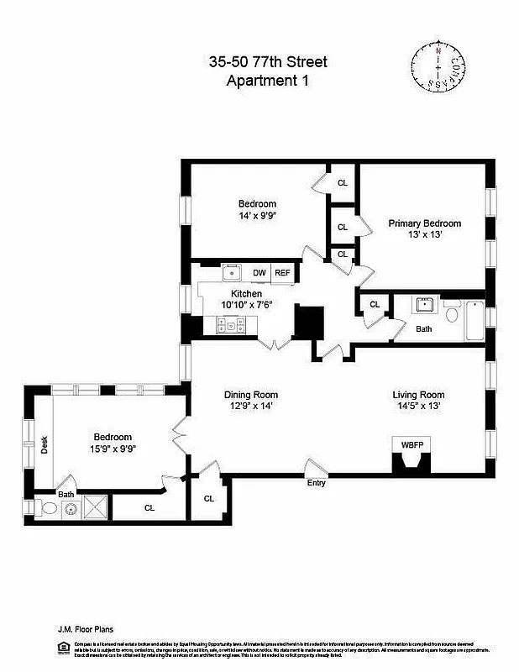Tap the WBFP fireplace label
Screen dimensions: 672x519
tap(412, 444)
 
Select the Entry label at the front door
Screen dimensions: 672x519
tap(317, 483)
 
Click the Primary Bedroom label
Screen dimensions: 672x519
tap(424, 223)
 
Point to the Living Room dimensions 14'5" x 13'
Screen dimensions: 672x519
tap(417, 407)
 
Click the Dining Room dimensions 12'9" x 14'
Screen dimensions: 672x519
tap(250, 407)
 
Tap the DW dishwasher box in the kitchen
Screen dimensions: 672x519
tap(259, 273)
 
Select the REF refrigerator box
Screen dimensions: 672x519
tap(282, 273)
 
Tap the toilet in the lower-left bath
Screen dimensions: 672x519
tap(46, 507)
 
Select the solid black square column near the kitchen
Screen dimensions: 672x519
tap(308, 322)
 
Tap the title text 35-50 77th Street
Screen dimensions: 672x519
tap(268, 61)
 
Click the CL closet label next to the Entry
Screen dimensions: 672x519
tap(208, 498)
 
